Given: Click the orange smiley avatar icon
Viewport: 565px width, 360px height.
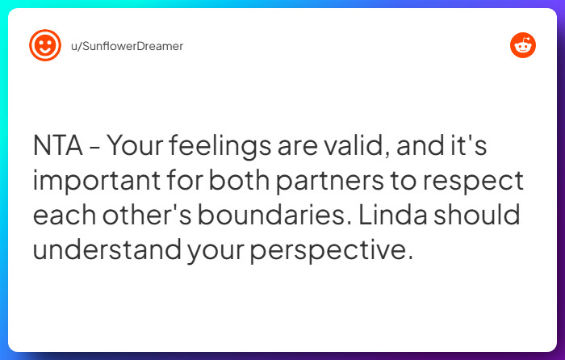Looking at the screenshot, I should (45, 46).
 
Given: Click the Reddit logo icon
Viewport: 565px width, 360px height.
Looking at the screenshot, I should (523, 46).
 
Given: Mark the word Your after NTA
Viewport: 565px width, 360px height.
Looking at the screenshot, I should (136, 146).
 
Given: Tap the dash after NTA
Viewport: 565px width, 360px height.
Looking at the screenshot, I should (95, 148).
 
